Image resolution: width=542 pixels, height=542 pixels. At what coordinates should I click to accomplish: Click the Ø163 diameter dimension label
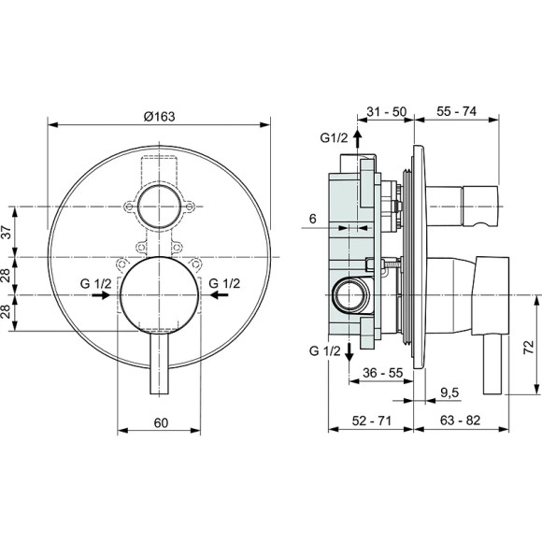tap(159, 115)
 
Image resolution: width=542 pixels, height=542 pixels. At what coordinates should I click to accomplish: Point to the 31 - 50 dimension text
tap(386, 111)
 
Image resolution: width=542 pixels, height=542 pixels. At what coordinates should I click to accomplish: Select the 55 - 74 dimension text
tap(457, 111)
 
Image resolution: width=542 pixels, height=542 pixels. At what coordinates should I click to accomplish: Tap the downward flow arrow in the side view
tap(349, 352)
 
